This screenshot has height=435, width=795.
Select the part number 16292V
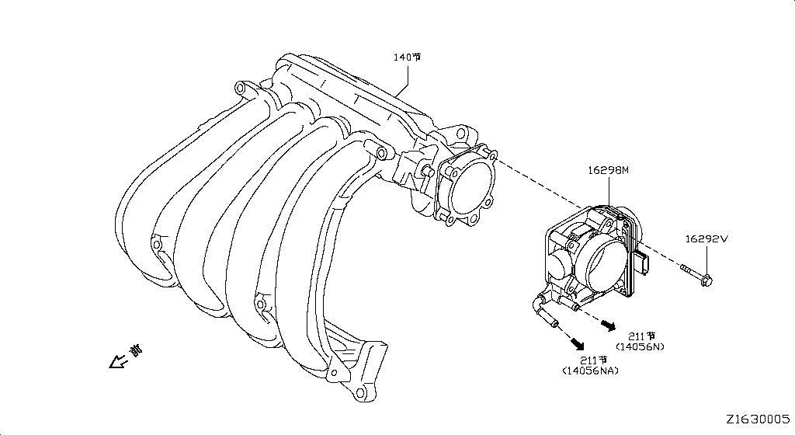pyautogui.click(x=706, y=239)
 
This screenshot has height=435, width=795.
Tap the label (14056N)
pyautogui.click(x=640, y=346)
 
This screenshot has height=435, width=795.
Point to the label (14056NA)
pyautogui.click(x=590, y=371)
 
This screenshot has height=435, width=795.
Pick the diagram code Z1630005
pyautogui.click(x=757, y=419)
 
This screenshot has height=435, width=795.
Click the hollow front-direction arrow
pyautogui.click(x=118, y=361)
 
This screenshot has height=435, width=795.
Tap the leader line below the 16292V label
pyautogui.click(x=706, y=259)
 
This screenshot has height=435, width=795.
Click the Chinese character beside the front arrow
pyautogui.click(x=137, y=351)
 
